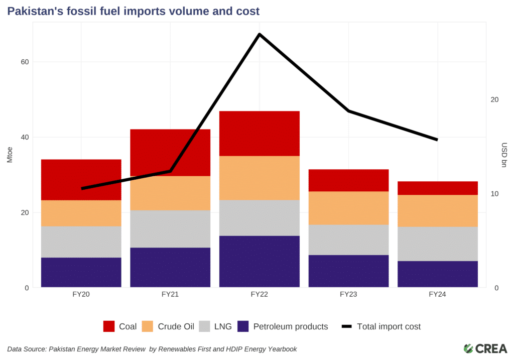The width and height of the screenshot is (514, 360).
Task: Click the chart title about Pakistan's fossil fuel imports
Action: point(133,11)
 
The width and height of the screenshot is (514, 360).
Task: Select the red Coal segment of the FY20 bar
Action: point(81,180)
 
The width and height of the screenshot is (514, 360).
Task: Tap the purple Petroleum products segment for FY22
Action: point(260,262)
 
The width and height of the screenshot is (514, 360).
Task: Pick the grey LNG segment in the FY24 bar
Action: point(438,244)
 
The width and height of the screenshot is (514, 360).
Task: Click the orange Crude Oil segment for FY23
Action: point(348,208)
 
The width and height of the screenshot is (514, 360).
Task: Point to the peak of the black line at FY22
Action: point(260,34)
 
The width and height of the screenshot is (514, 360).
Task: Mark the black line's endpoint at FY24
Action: point(437,140)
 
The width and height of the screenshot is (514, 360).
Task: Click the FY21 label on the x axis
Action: point(170,295)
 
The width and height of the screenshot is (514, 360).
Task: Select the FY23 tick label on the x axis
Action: point(348,295)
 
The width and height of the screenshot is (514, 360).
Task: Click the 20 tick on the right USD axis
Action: point(494,100)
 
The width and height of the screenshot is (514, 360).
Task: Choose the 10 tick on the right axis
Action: point(494,194)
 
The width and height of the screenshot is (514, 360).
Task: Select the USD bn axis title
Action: point(504,156)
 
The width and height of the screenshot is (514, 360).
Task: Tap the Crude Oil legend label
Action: point(176,326)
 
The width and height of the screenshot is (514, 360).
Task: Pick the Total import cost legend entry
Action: point(389,326)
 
